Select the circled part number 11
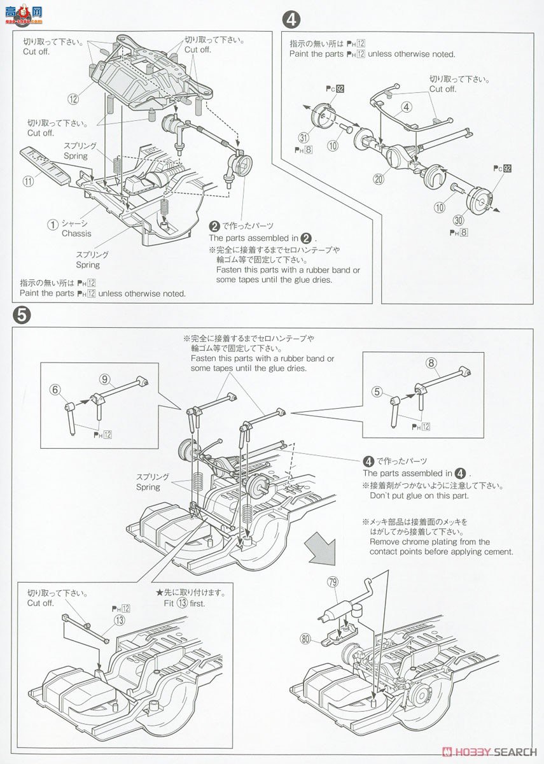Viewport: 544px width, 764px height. click(x=28, y=181)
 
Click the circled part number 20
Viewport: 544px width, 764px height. click(x=379, y=180)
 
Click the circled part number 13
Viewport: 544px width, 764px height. click(x=119, y=619)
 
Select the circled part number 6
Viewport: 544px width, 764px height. click(x=56, y=390)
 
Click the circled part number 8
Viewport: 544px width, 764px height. click(x=431, y=364)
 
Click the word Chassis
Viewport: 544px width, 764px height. click(x=76, y=234)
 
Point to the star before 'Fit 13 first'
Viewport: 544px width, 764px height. click(x=160, y=592)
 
